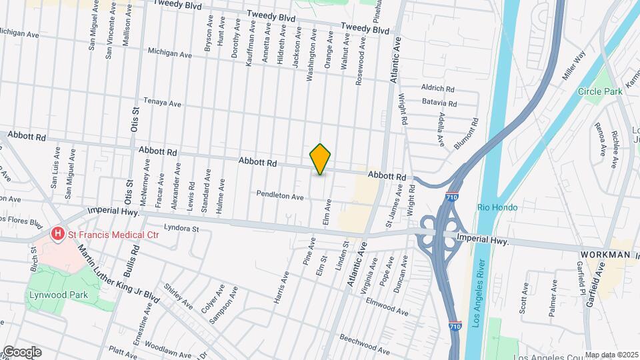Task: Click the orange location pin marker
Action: [x=321, y=159]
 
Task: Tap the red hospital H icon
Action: [x=58, y=233]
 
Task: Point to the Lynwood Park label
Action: [x=49, y=294]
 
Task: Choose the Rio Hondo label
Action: [x=497, y=207]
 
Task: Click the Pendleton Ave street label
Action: [x=281, y=197]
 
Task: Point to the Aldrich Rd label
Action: [x=437, y=89]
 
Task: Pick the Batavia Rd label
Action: [x=439, y=103]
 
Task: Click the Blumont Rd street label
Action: [x=466, y=133]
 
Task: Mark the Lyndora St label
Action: [x=182, y=229]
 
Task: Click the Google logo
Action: [x=21, y=352]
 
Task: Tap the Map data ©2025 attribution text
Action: [x=611, y=355]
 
